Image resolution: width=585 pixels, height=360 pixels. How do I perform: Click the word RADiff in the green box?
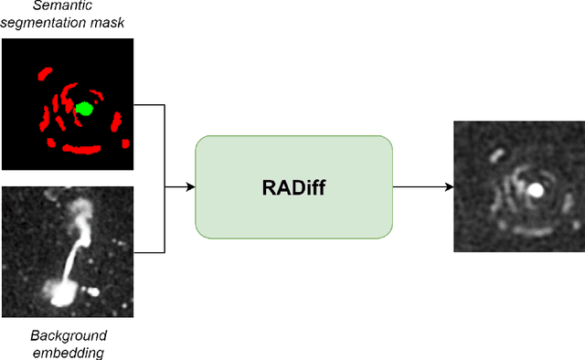[293, 188]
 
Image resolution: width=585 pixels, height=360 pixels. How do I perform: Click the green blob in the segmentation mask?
[84, 109]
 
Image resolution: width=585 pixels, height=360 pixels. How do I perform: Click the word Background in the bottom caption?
[69, 334]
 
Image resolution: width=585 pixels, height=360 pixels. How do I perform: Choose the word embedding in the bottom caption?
[69, 351]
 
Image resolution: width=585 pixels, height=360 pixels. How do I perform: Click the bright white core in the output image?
[537, 190]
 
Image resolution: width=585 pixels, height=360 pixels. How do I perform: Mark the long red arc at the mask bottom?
[89, 148]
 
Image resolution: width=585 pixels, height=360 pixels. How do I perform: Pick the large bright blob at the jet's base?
[62, 292]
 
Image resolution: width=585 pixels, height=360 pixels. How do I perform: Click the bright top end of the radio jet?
[80, 209]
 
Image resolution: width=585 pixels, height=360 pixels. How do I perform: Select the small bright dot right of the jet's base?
[94, 292]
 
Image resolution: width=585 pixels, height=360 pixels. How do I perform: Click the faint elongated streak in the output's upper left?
[495, 154]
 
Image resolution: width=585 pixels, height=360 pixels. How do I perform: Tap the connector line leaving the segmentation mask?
[150, 104]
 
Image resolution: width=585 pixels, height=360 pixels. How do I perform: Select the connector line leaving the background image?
[150, 252]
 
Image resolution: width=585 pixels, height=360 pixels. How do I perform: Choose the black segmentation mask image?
[69, 104]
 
